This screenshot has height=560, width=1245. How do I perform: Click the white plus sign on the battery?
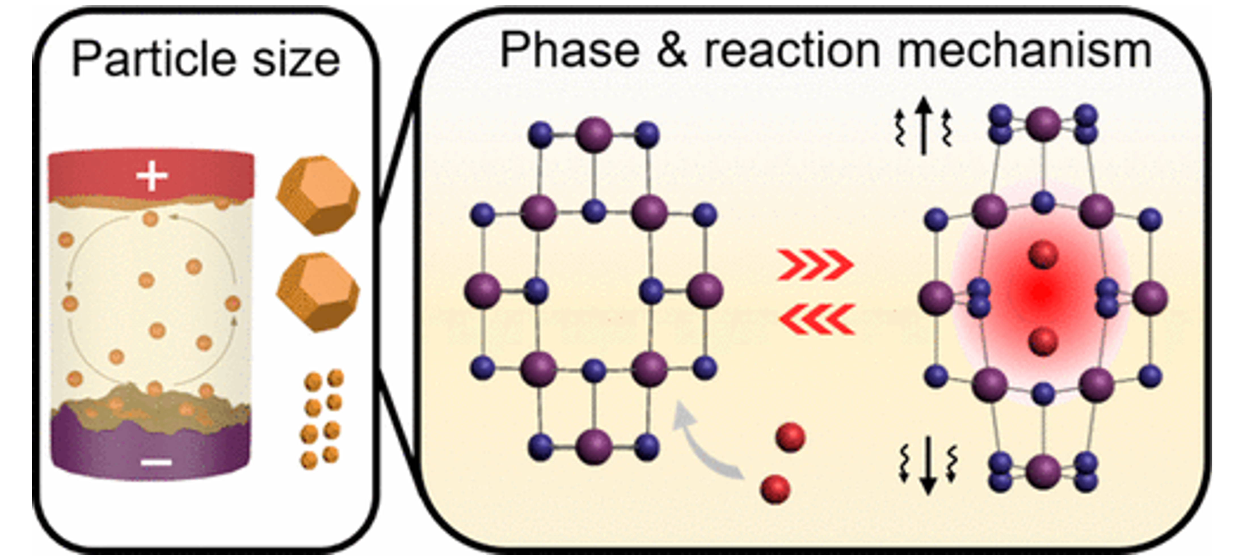point(152,176)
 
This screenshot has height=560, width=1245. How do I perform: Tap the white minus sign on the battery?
point(156,462)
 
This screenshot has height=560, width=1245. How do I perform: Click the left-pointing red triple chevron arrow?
point(817,319)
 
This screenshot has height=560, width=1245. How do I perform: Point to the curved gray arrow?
point(701,445)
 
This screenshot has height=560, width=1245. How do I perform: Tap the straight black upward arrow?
point(924,126)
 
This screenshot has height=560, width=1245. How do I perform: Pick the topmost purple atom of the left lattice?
point(594,134)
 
